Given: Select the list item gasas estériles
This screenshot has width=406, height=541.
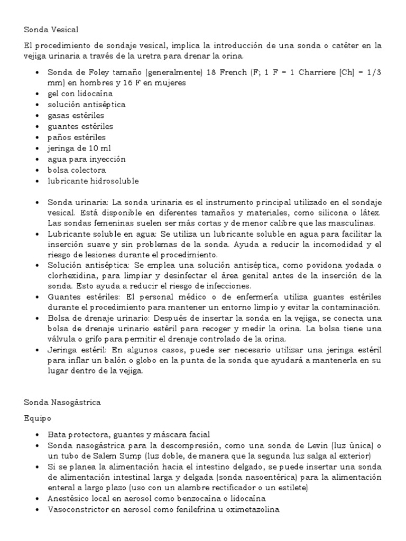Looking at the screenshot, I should point(76,116).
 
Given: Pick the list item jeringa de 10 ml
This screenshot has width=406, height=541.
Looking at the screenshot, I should point(79,148).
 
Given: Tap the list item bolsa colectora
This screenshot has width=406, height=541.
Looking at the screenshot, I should point(77,170).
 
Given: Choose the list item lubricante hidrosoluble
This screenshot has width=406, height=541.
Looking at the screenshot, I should point(93,181).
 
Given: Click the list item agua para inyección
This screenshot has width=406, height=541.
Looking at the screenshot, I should point(87,159).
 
